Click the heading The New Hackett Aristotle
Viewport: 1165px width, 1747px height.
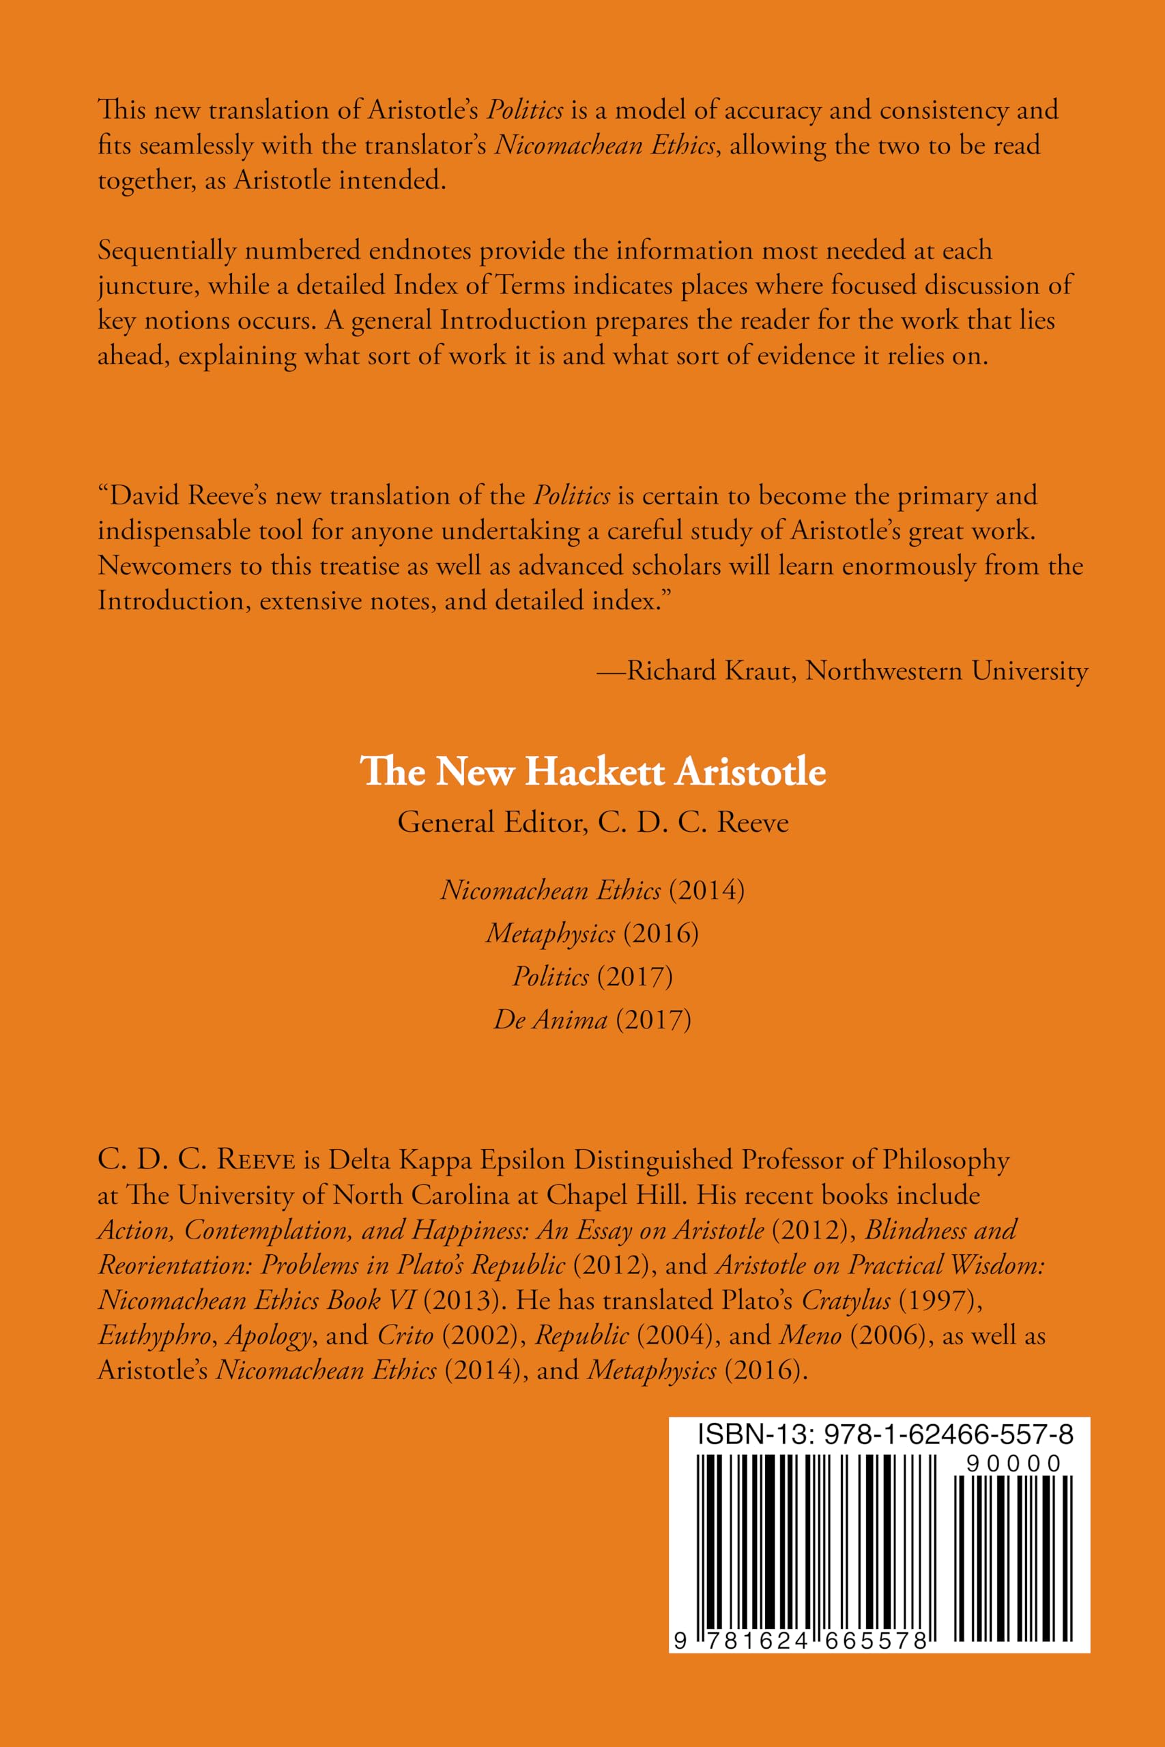[x=592, y=771]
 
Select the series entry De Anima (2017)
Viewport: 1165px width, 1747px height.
[x=592, y=1019]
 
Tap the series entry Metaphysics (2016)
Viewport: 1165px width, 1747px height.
[x=592, y=933]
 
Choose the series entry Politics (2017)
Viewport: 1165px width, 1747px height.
[x=592, y=976]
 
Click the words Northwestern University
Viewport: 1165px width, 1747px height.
[x=947, y=671]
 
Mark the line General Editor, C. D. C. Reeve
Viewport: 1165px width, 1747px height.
[x=592, y=822]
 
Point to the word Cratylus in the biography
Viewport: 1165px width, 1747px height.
[x=846, y=1300]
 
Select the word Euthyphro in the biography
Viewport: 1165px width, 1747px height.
[x=154, y=1335]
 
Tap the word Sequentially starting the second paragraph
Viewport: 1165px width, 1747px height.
[x=167, y=251]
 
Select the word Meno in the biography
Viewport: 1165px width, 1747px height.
[x=810, y=1335]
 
